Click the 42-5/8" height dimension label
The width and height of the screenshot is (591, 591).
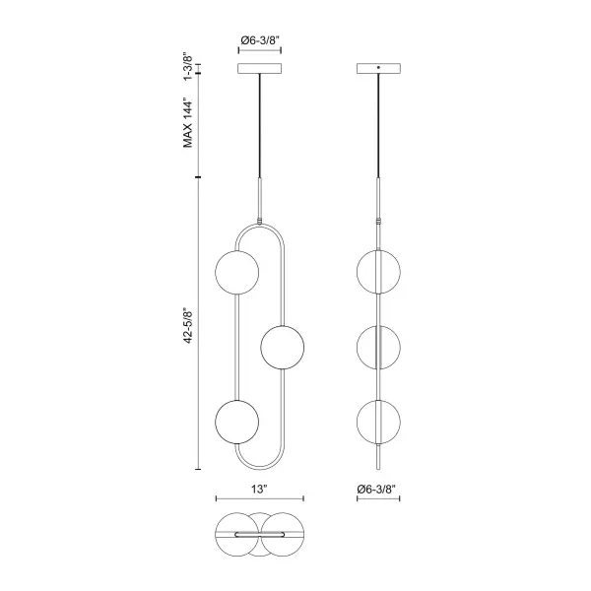pos(188,327)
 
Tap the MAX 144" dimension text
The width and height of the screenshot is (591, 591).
pos(188,123)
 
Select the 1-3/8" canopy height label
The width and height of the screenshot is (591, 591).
pos(188,66)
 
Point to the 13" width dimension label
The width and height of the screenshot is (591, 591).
pos(259,490)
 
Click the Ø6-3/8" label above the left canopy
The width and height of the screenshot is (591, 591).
pos(260,40)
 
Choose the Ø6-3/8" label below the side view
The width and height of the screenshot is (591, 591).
pos(378,490)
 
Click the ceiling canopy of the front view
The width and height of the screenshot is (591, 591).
pos(260,68)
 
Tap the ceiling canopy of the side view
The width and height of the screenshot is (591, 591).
pos(378,68)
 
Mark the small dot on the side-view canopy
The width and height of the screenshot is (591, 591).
pos(379,67)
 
